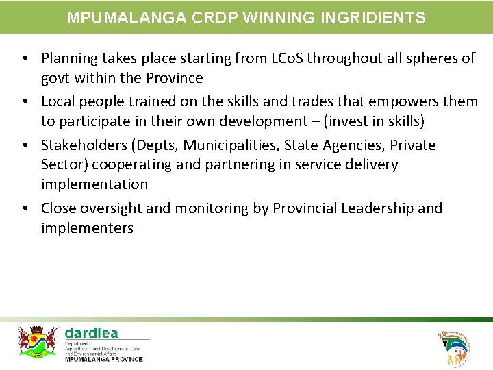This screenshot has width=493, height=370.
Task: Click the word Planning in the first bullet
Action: point(68,58)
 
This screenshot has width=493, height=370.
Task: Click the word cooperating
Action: point(129,164)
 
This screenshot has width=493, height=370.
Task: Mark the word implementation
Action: point(94,184)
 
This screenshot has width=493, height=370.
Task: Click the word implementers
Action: point(87,227)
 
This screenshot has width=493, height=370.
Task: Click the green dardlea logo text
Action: point(91,334)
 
